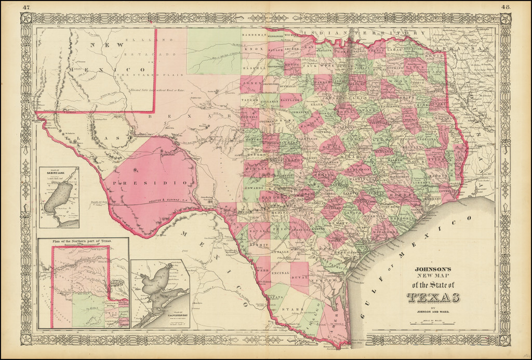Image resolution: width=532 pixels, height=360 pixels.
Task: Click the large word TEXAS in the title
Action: pos(433,298)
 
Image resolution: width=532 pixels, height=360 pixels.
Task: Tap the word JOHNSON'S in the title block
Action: pos(432,269)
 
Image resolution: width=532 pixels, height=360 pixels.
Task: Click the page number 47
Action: pos(26,7)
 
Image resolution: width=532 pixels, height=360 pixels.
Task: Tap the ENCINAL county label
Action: pos(280,272)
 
